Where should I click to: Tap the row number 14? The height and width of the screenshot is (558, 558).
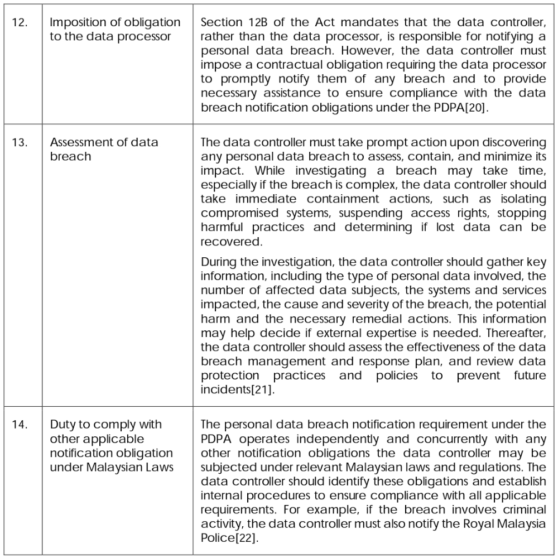click(x=20, y=425)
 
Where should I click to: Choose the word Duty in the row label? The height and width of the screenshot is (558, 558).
click(x=62, y=424)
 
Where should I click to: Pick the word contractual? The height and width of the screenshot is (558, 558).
click(x=268, y=65)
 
